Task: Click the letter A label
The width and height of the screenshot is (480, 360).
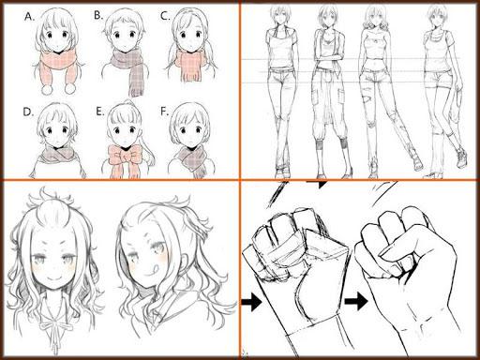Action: pyautogui.click(x=29, y=16)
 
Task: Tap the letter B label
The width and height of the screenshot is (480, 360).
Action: pyautogui.click(x=98, y=15)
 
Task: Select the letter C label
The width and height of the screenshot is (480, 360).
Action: pyautogui.click(x=165, y=16)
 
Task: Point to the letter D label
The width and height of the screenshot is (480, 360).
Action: pyautogui.click(x=28, y=112)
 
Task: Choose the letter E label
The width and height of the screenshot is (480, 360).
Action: pyautogui.click(x=99, y=112)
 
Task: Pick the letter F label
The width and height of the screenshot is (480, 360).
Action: pyautogui.click(x=164, y=112)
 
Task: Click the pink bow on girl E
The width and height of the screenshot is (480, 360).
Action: pyautogui.click(x=125, y=155)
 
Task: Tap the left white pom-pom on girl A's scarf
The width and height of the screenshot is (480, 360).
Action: pyautogui.click(x=48, y=90)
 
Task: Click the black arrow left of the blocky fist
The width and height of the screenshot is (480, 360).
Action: pyautogui.click(x=252, y=302)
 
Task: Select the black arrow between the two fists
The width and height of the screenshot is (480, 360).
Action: pyautogui.click(x=356, y=302)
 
